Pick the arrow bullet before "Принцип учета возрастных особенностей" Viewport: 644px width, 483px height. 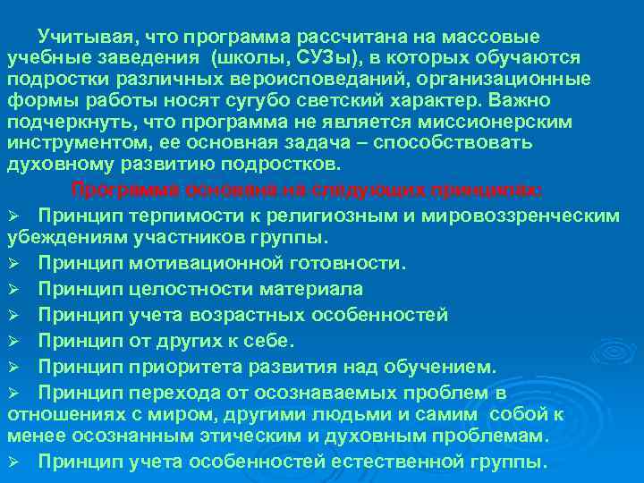coord(14,316)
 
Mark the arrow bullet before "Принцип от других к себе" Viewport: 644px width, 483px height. coord(14,342)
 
